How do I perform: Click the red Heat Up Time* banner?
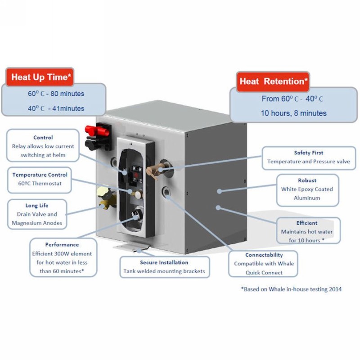coord(40,77)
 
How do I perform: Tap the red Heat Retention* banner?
coord(273,81)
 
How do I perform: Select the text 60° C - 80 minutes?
coord(56,94)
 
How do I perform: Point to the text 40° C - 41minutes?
coord(56,108)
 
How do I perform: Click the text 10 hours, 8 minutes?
coord(294,113)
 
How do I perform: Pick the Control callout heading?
coord(43,138)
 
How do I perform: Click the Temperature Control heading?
coord(40,175)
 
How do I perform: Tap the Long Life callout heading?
coord(37,206)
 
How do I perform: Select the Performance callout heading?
coord(62,244)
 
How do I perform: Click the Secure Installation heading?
coord(164,262)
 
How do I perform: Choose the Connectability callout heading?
coord(264,255)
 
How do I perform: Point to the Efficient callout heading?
coord(307,223)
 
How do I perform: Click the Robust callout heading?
coord(307,180)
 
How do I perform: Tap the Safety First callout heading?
coord(309,153)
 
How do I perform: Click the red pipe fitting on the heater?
coord(97,131)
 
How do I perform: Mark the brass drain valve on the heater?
coord(106,198)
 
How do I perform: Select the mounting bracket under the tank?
coord(131,246)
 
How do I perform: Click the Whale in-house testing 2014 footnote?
coord(291,289)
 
